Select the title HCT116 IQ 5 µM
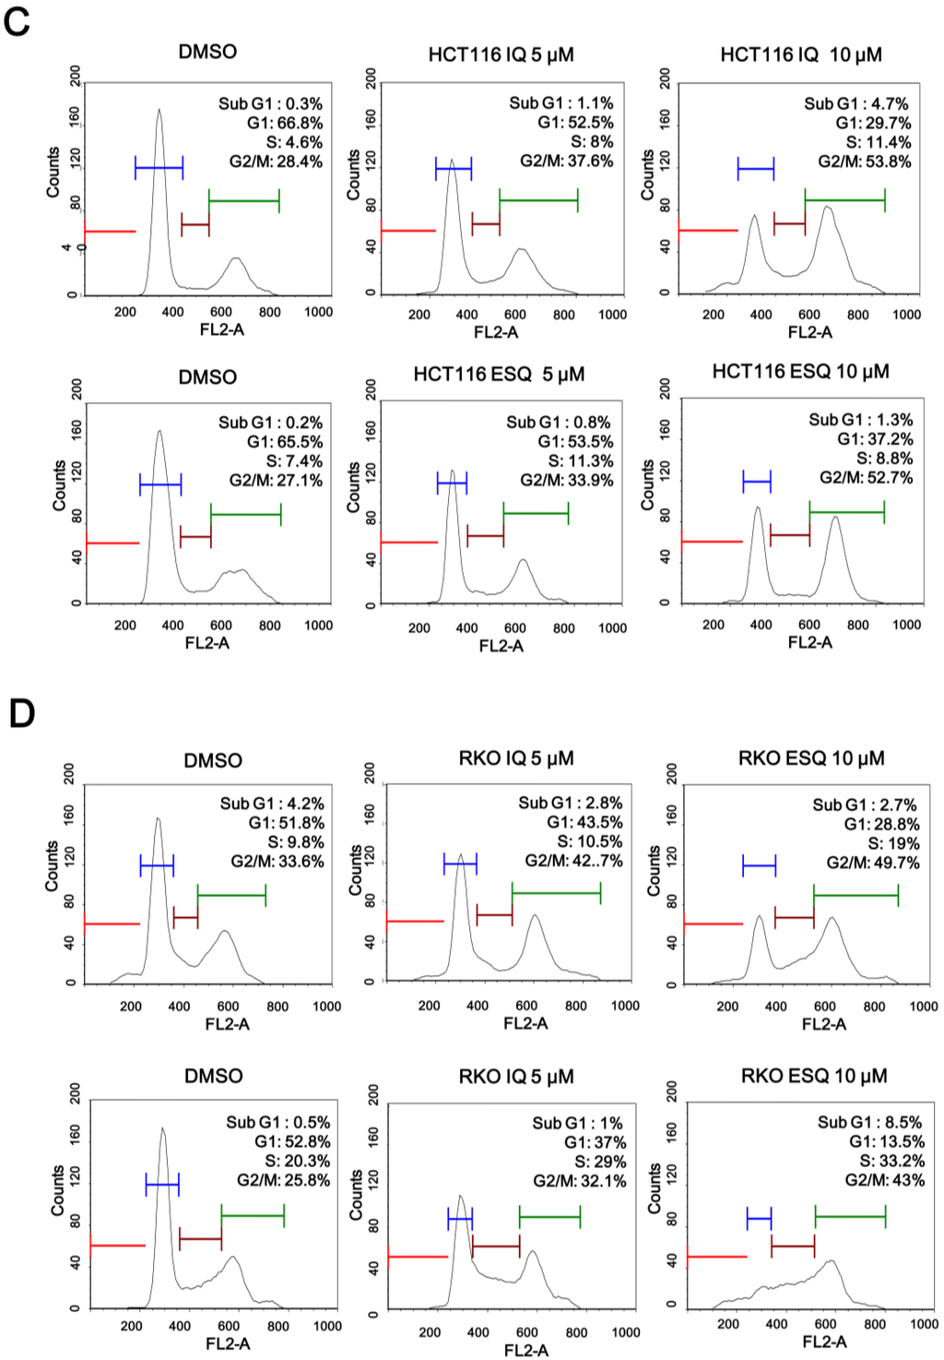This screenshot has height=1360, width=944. point(501,54)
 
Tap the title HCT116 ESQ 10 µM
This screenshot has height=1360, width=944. point(800,372)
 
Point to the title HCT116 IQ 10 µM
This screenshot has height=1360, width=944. point(800,54)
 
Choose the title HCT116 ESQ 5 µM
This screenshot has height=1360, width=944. point(499,375)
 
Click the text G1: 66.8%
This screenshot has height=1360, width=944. point(285,123)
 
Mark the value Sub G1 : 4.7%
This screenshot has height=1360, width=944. point(855,103)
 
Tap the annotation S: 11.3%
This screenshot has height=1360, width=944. point(580,461)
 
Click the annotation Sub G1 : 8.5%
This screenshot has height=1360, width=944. point(869,1122)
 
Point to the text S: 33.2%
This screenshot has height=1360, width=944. point(891,1161)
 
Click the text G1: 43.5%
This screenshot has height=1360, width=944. point(584,822)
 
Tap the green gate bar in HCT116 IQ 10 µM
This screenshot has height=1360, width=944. point(844,199)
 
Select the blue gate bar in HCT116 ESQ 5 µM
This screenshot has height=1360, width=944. point(452,483)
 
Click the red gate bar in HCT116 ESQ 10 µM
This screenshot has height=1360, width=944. point(712,542)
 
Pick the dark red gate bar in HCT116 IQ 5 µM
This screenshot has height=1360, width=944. point(486,223)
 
